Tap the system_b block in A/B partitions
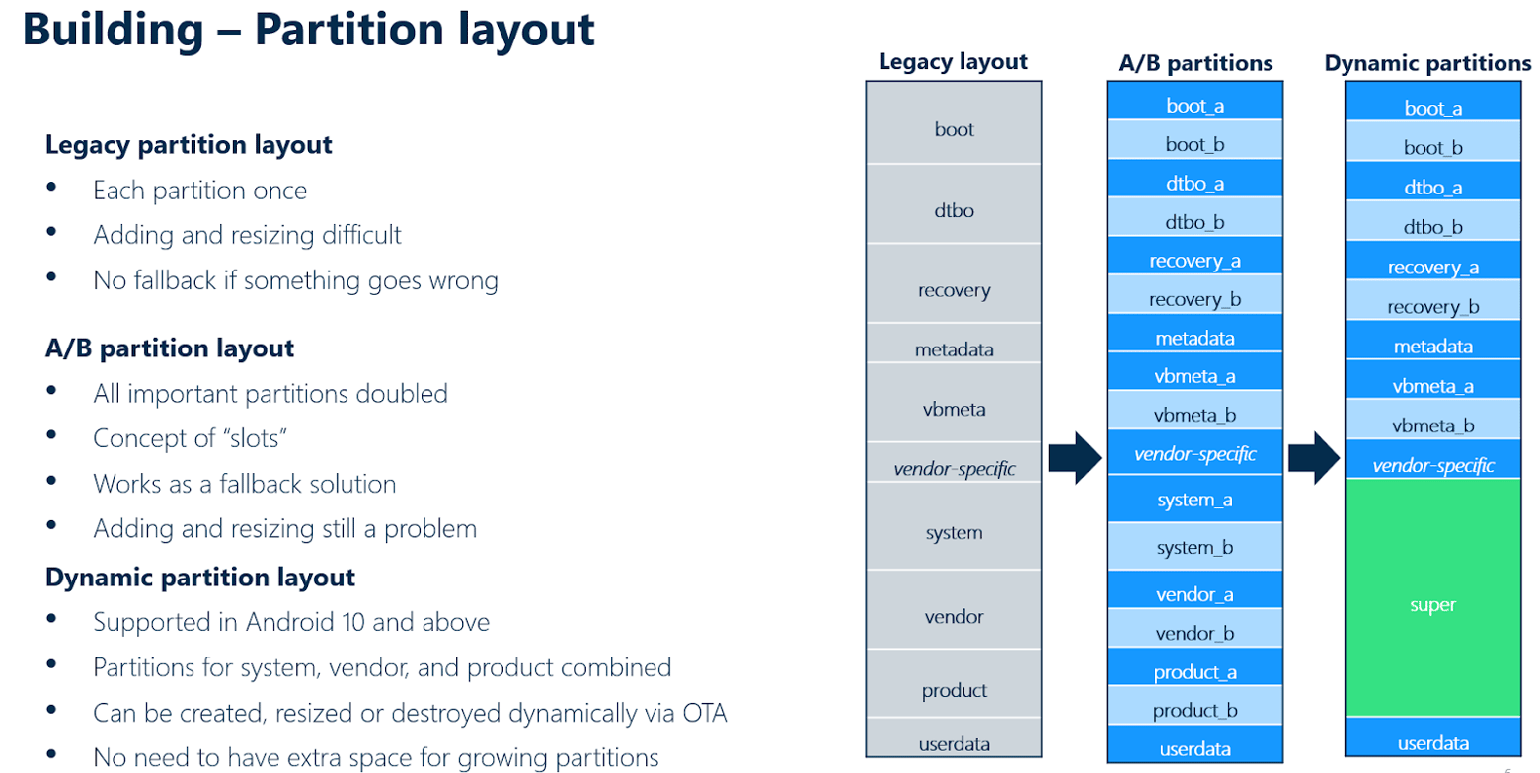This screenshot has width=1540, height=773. [1194, 547]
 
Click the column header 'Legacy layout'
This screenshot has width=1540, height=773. [953, 62]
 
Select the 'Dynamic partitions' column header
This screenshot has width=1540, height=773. [1427, 63]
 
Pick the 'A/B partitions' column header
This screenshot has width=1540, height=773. [1194, 63]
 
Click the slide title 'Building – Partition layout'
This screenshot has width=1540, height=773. [309, 30]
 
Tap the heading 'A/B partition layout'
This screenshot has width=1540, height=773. [170, 348]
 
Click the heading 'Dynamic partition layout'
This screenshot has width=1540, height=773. [200, 577]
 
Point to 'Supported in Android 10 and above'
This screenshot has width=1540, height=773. [291, 622]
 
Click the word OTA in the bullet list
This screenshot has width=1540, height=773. [701, 713]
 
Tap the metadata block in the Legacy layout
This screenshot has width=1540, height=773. [954, 349]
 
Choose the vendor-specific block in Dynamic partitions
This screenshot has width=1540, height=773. [1432, 466]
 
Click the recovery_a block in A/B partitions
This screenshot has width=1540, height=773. [1194, 262]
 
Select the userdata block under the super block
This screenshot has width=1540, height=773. [1432, 743]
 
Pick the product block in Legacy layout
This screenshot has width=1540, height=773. [954, 690]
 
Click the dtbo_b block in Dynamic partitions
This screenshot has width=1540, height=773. [1432, 227]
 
